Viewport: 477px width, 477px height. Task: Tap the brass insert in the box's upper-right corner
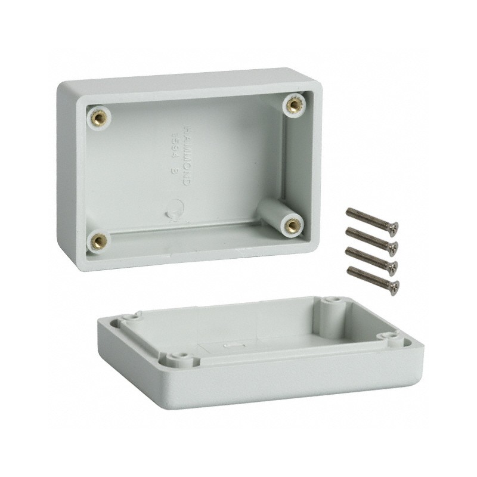(x=292, y=106)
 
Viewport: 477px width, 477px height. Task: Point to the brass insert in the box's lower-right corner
(x=293, y=225)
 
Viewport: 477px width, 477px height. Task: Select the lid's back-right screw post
(x=332, y=301)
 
